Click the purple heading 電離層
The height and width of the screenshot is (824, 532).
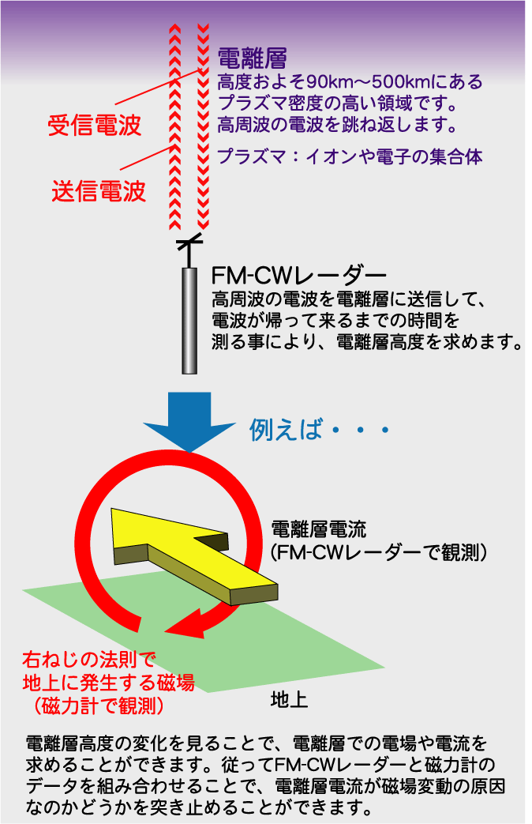(x=251, y=58)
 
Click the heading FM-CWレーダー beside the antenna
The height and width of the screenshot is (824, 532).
(x=299, y=276)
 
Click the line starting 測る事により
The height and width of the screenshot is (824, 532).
(x=366, y=342)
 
